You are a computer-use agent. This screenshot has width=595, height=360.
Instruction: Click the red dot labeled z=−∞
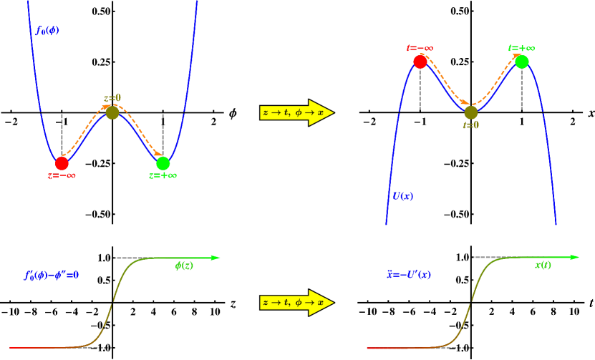[62, 163]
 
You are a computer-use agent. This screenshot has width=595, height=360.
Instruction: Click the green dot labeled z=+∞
[163, 163]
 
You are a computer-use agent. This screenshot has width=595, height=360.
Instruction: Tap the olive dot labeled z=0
[112, 112]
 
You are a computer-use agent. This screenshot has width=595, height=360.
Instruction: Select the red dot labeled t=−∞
[420, 62]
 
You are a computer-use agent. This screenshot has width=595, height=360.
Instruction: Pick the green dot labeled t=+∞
[522, 62]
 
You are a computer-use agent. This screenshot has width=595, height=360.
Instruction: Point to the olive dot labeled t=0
[471, 112]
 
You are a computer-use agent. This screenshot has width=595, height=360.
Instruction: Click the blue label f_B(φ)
[48, 31]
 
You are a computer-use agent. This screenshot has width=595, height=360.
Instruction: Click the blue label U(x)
[402, 196]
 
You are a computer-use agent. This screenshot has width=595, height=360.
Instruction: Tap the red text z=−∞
[62, 176]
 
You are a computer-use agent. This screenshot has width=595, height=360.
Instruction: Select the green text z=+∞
[163, 176]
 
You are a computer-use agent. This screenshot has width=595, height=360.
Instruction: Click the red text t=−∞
[420, 49]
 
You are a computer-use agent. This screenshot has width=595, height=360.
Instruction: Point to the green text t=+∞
[522, 49]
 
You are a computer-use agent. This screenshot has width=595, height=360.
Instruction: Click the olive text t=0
[471, 125]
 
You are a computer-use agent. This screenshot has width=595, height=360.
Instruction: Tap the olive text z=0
[112, 99]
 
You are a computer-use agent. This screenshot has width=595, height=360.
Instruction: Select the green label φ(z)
[184, 266]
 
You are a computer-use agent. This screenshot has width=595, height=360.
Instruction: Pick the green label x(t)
[543, 266]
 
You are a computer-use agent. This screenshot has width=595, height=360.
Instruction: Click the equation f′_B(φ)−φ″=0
[52, 275]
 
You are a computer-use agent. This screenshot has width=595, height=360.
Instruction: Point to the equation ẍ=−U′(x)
[409, 275]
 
